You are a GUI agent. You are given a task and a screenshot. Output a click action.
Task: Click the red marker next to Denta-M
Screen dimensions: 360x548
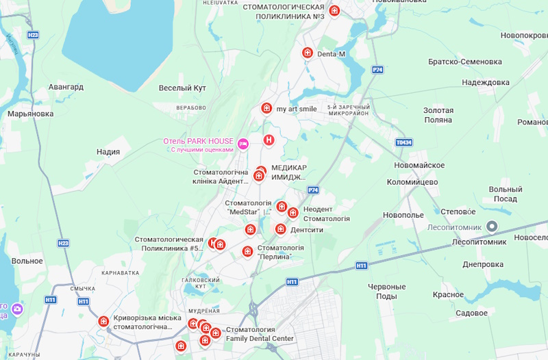(x=308, y=53)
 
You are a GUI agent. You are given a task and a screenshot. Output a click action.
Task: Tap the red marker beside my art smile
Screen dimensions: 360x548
(x=266, y=108)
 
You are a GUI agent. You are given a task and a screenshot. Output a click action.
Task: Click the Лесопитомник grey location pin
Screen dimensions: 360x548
(x=491, y=227)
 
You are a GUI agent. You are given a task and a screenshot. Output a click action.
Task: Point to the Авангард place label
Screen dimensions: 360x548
(x=66, y=88)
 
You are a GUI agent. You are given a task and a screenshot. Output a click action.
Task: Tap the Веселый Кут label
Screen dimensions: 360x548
(x=182, y=88)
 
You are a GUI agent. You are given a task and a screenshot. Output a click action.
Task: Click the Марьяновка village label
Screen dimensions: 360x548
(x=30, y=114)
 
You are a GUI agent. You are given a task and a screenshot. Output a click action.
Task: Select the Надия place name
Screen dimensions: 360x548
(x=108, y=152)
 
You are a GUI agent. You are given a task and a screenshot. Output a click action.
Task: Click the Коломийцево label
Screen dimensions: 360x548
(x=412, y=182)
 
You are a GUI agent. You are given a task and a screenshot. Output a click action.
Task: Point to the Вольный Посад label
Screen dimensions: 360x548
(x=506, y=194)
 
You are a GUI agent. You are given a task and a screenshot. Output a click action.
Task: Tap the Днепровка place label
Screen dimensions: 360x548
(x=483, y=264)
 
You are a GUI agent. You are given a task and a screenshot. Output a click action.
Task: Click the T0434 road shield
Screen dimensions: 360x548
(x=404, y=142)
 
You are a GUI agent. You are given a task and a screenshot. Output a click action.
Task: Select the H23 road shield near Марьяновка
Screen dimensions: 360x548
(x=33, y=34)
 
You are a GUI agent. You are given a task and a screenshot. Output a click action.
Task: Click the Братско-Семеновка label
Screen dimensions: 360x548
(x=464, y=62)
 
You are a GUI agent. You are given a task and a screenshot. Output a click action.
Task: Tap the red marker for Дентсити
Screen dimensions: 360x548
(x=280, y=229)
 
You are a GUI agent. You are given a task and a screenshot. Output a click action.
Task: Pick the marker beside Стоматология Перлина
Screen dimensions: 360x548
(x=247, y=251)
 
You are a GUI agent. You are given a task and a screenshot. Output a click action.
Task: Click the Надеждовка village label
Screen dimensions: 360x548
(x=486, y=82)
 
